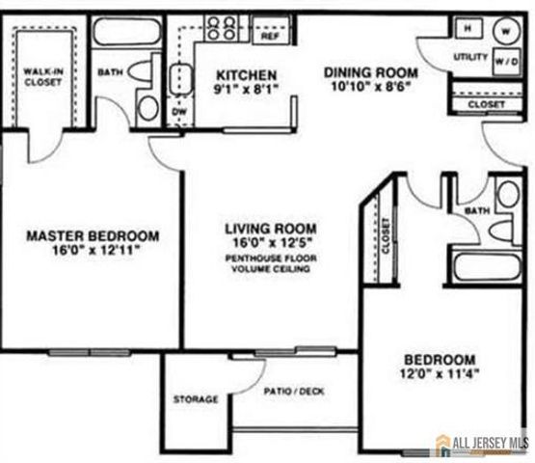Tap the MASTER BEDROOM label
pos(92,235)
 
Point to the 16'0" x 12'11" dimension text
pos(92,251)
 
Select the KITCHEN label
pos(246,75)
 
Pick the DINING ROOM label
pos(370,72)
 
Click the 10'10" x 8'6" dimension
pos(370,88)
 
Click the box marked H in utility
pos(467,29)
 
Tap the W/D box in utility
pos(504,61)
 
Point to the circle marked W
pos(505,29)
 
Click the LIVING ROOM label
pos(270,229)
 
